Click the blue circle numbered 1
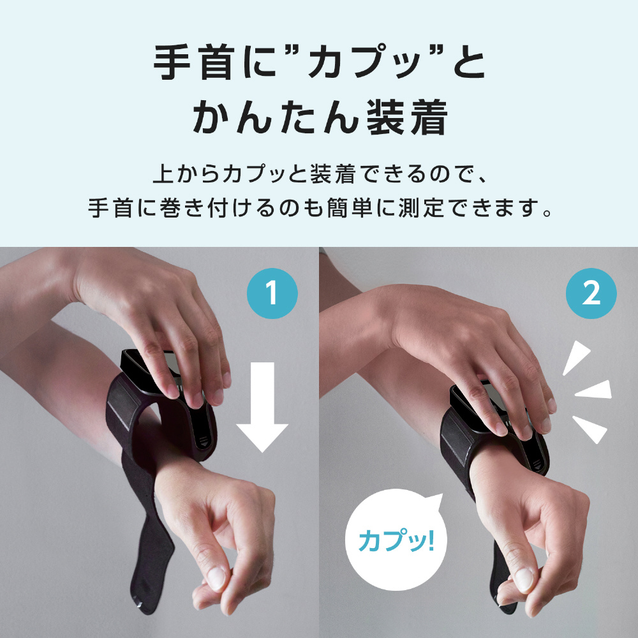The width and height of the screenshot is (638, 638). (272, 293)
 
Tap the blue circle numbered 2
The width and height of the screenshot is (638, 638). (591, 293)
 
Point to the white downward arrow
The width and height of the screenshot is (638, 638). (262, 407)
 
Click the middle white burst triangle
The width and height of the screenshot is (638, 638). (595, 390)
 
